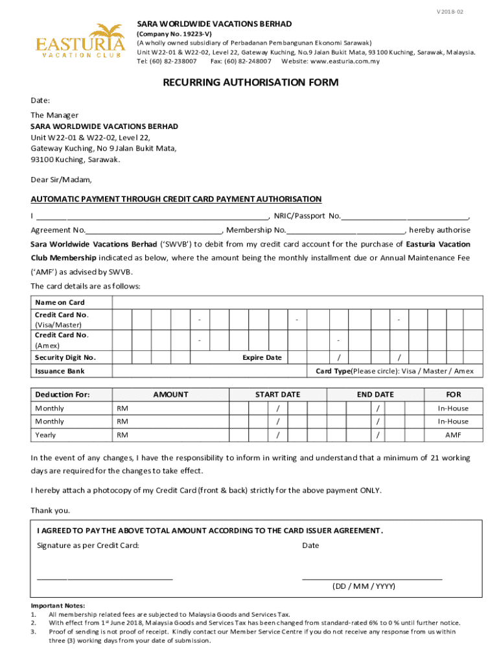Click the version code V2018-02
point(468,12)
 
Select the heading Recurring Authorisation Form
point(250,82)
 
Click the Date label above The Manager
point(40,101)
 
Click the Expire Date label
point(262,357)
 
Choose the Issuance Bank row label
point(60,371)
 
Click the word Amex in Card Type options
point(463,371)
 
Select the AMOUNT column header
point(170,394)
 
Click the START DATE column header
point(277,394)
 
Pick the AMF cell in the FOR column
point(453,434)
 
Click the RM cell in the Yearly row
point(122,434)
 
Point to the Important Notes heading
point(58,605)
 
